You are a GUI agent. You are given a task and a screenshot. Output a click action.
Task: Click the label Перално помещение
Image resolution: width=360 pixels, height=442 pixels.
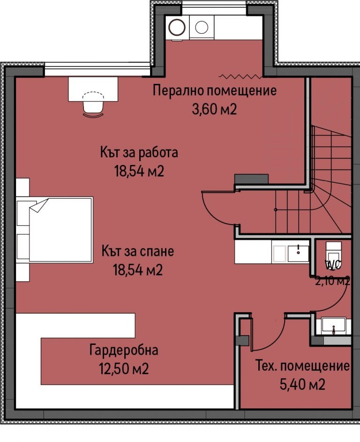point(215,90)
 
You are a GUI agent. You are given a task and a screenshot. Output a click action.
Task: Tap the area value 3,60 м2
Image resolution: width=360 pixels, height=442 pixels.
point(215,109)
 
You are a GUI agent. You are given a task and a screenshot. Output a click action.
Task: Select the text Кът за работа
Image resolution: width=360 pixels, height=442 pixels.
point(139,152)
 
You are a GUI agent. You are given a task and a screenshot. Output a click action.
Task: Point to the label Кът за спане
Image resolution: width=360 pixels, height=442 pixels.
point(137,252)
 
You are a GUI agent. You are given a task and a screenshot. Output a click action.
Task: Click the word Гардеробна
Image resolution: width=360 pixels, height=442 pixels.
point(124,350)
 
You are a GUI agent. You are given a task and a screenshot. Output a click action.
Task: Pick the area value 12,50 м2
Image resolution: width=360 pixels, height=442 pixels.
point(124,369)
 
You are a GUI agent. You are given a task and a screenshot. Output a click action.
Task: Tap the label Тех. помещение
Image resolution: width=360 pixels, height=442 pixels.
point(302,366)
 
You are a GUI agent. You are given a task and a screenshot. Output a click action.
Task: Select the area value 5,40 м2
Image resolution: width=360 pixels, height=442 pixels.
point(302,385)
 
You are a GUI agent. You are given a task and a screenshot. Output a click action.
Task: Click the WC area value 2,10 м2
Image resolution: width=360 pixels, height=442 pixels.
point(333,281)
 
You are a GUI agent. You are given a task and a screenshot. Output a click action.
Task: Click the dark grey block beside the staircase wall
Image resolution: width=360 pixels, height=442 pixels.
point(251,179)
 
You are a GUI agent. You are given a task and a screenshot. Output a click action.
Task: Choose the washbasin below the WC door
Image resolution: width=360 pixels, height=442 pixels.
point(333,325)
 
